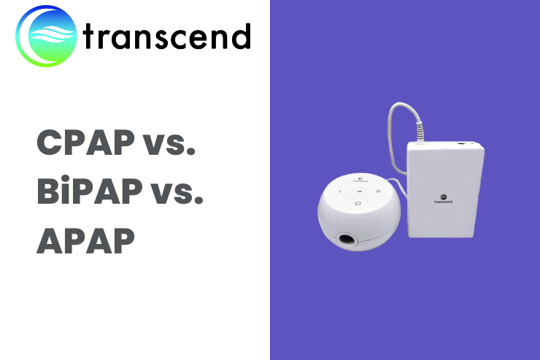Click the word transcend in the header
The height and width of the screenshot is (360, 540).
click(x=167, y=37)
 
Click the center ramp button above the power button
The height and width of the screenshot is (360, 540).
click(x=359, y=189)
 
